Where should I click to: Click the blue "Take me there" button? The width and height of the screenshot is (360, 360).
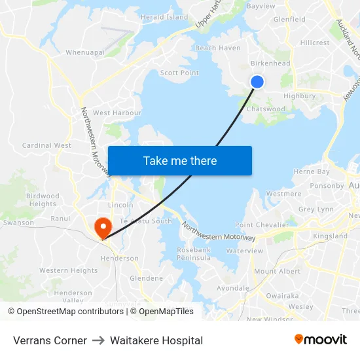179,160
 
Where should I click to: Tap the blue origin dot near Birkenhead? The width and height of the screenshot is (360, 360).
257,81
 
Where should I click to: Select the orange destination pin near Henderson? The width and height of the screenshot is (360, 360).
103,227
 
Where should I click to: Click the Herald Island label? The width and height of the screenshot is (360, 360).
164,17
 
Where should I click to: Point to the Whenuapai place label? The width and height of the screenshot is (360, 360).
85,52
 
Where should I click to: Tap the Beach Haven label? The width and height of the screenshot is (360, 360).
218,48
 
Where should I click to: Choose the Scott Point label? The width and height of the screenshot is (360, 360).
179,73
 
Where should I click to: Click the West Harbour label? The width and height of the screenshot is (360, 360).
117,113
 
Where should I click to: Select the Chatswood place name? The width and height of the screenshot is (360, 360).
266,109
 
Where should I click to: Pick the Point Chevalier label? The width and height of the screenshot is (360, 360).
262,225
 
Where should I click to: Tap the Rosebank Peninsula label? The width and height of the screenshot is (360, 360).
194,254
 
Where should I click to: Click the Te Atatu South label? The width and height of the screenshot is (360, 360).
146,221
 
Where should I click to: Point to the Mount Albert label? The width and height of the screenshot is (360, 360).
277,271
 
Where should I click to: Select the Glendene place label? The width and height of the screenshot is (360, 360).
146,278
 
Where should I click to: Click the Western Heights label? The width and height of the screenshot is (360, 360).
68,270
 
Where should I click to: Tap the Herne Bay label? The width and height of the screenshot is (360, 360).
312,171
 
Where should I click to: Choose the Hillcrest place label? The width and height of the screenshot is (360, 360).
315,43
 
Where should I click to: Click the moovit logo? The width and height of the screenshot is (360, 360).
320,339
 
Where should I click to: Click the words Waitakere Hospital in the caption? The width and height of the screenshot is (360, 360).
156,340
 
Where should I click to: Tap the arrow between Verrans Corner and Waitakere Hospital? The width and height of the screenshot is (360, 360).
98,340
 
